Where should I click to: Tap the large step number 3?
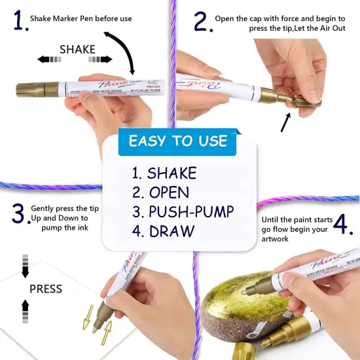[x=18, y=213]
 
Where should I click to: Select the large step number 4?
[x=343, y=223]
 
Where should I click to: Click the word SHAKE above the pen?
[x=77, y=49]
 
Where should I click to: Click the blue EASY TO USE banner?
[x=178, y=141]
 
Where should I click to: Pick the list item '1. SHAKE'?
[x=164, y=173]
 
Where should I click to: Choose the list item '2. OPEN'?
[x=160, y=192]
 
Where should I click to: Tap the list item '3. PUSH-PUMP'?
[x=183, y=211]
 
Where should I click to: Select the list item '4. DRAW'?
[x=163, y=230]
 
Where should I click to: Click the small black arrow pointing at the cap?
[x=286, y=122]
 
